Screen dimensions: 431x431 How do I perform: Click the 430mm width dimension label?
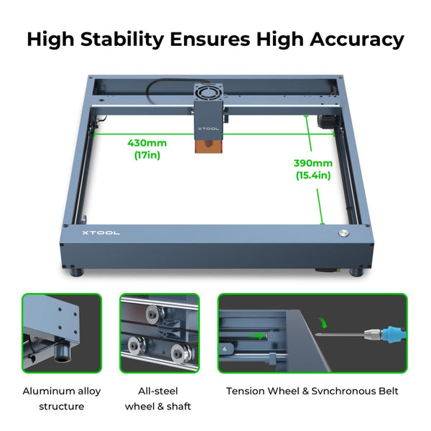pos(147,142)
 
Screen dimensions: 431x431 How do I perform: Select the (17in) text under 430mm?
pos(147,154)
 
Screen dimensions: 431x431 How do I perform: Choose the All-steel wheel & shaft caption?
pos(159,399)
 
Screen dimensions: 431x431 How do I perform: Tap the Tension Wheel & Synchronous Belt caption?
pos(312,391)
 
